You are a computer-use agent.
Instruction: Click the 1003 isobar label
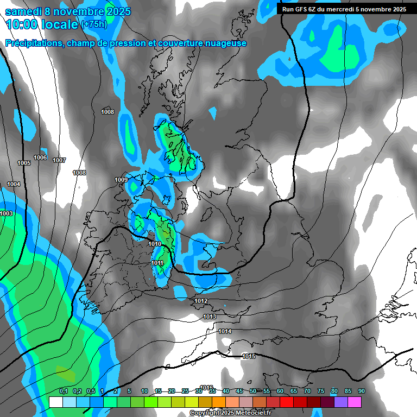coord(6,213)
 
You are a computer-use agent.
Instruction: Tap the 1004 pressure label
coord(14,185)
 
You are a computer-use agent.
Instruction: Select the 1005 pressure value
coord(24,163)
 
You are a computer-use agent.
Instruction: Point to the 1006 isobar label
coord(40,158)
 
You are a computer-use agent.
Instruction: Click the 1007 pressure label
coord(59,160)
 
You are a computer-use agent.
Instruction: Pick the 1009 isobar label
coord(121,180)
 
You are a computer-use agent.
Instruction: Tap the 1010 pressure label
coord(155,244)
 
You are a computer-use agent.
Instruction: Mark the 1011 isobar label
coord(157,263)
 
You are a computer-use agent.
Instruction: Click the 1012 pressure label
coord(201,301)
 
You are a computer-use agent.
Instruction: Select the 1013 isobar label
coord(210,317)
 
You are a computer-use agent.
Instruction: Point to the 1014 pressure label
coord(225,331)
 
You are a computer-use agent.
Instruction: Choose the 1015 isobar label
coord(249,356)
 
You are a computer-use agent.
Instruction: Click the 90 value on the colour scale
coord(361,391)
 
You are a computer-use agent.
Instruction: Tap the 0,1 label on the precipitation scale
coord(63,391)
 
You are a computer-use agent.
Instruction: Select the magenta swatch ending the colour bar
coord(355,402)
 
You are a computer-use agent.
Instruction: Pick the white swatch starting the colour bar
coord(55,402)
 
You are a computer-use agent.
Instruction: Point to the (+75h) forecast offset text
coord(93,24)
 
